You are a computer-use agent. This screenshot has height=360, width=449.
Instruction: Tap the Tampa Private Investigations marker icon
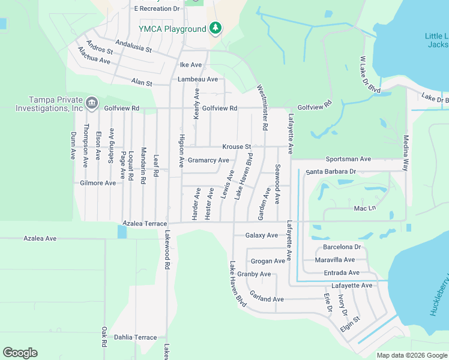point(91,103)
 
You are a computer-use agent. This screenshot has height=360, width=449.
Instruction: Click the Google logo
point(20,353)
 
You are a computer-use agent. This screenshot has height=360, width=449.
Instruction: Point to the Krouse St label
point(236,146)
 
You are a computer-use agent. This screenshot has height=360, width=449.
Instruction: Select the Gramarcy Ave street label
point(208,160)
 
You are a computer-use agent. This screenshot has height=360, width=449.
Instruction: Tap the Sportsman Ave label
point(348,159)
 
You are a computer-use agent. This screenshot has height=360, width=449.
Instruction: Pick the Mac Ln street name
point(364,208)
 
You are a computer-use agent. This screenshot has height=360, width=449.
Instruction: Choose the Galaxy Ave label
point(262,235)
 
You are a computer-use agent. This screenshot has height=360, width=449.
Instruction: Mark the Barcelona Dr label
point(342,247)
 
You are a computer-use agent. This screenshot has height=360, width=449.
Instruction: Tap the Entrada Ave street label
point(342,272)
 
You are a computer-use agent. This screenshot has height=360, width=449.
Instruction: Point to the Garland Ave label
point(267,299)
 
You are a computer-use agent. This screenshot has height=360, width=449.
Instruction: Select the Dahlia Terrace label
point(135,337)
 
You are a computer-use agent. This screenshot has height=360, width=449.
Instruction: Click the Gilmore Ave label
point(98,182)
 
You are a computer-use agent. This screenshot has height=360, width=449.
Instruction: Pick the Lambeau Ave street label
point(197,79)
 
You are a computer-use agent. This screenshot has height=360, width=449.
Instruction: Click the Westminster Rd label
point(263,108)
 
